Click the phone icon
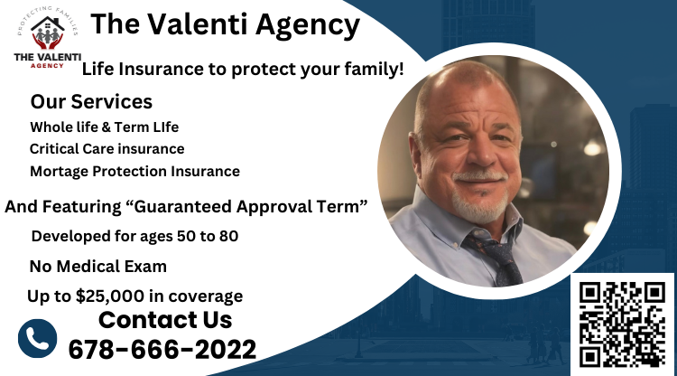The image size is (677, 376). tap(37, 338)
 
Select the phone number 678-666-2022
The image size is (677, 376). tap(162, 349)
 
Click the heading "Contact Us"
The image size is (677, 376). tap(165, 320)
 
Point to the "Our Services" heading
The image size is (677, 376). tap(91, 101)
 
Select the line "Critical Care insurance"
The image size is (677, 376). tap(107, 148)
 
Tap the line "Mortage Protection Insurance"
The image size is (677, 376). tap(134, 171)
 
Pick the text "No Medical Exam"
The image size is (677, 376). tap(97, 267)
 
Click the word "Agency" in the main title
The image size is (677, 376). tap(303, 24)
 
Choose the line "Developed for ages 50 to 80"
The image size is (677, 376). tap(134, 236)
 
